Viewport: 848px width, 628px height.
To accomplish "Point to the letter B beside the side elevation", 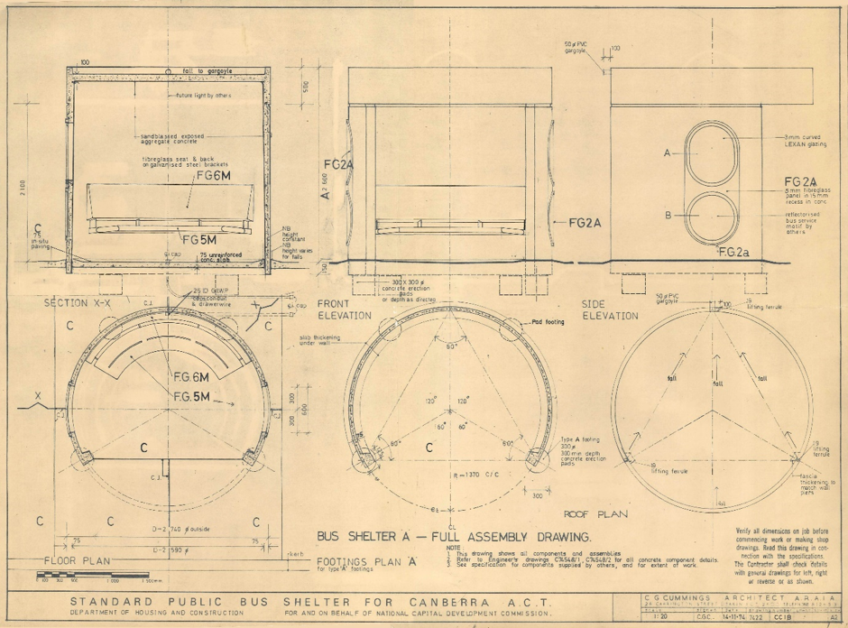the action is [x=668, y=216].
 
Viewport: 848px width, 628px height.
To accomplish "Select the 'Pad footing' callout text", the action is [x=548, y=321].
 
